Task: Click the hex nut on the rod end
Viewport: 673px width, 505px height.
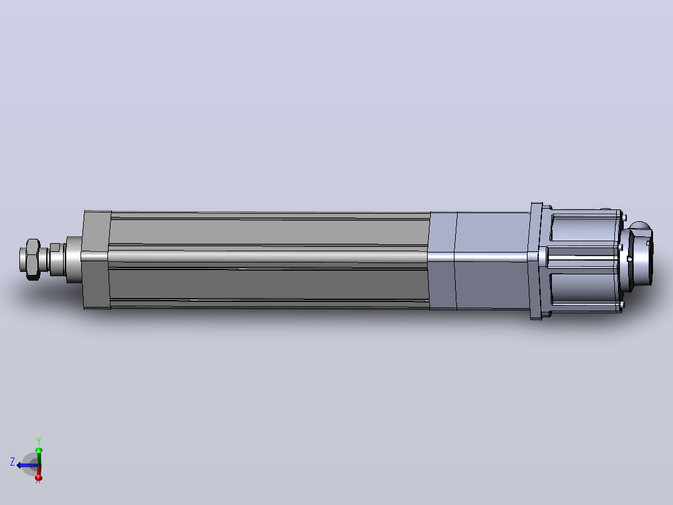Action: (x=33, y=259)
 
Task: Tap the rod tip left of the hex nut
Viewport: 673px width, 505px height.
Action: (x=22, y=259)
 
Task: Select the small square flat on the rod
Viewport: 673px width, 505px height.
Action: (x=55, y=247)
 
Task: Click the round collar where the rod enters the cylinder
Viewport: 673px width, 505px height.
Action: (x=74, y=259)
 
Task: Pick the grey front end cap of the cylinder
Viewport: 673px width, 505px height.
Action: (x=96, y=259)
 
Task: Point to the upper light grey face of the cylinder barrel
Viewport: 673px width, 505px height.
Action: (x=269, y=232)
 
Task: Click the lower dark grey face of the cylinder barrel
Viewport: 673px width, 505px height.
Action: (x=269, y=284)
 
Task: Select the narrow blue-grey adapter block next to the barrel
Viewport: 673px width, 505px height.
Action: (x=443, y=260)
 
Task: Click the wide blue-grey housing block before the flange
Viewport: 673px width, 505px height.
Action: (x=493, y=260)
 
